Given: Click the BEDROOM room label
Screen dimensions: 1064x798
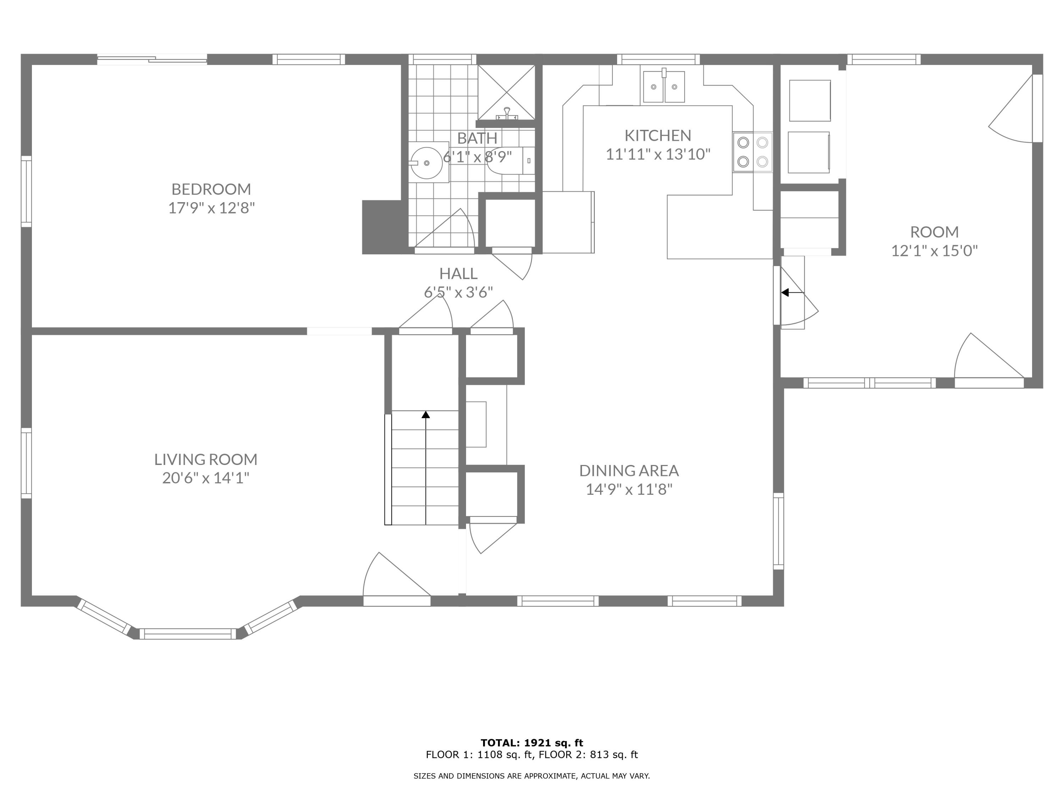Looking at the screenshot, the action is pos(211,189).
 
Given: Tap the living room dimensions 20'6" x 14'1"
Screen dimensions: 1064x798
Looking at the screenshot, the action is pos(206,478).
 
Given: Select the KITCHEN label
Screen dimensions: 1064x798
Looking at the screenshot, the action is pos(658,135).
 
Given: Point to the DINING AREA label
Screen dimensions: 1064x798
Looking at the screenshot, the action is pos(629,470).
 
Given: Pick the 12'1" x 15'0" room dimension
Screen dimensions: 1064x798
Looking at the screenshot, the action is pos(934,251).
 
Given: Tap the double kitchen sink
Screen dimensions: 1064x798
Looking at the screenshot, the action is pos(664,86).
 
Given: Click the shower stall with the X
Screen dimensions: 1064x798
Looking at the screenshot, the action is pos(506,92).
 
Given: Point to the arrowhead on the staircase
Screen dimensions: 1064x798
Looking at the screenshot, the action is pos(426,414).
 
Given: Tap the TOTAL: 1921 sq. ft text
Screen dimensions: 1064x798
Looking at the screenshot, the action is pos(532,743).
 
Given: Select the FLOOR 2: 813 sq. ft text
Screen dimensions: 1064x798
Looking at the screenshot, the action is pos(588,755).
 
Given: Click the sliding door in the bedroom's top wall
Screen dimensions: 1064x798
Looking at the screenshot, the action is pos(152,60).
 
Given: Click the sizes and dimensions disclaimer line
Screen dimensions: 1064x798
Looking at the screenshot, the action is pos(532,776).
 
